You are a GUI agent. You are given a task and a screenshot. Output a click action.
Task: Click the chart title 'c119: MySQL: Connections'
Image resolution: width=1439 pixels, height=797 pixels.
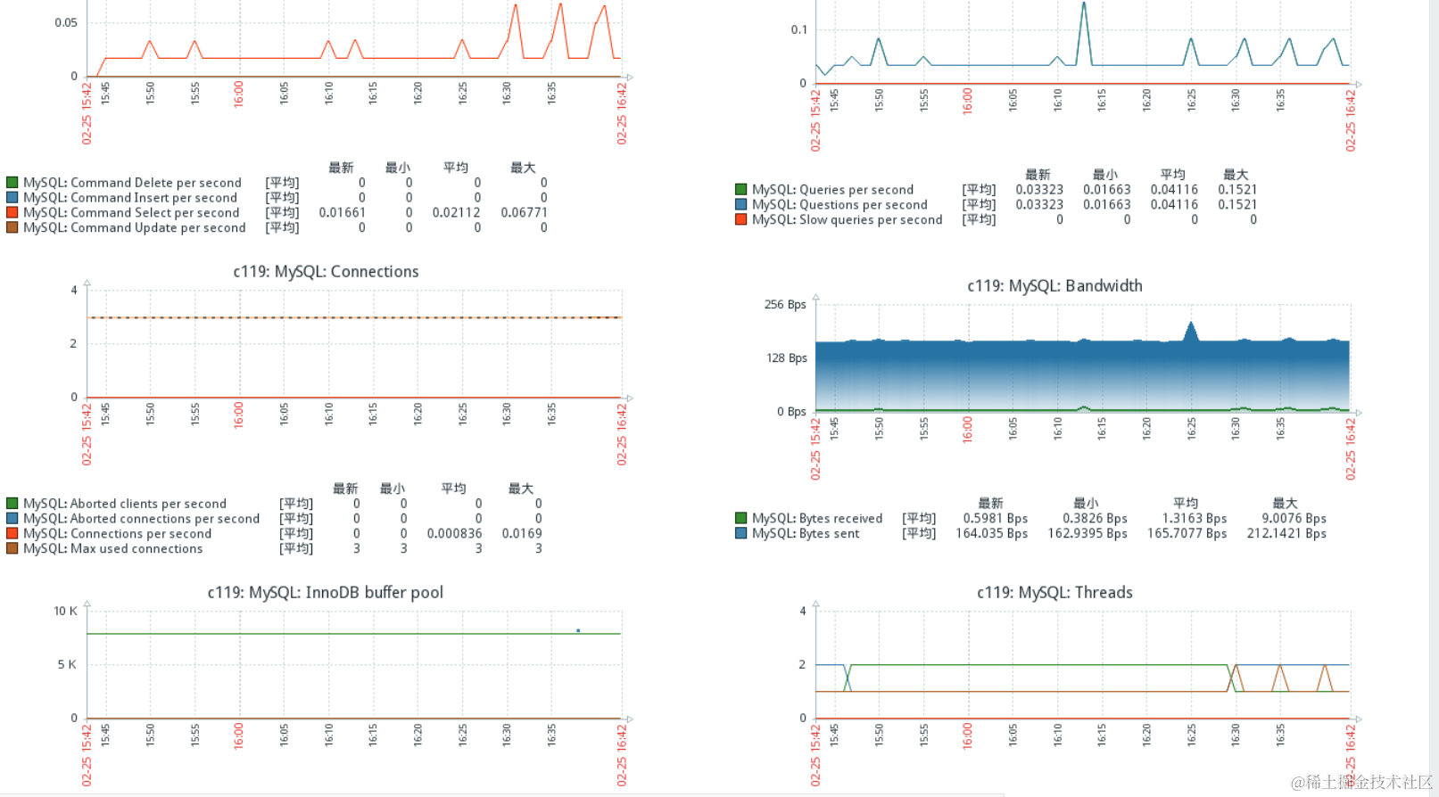326,272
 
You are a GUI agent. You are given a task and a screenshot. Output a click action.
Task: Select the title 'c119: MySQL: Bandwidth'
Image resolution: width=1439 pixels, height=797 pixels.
1054,286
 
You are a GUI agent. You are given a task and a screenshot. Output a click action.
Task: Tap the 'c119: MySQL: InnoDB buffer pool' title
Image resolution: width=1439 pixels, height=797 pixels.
325,593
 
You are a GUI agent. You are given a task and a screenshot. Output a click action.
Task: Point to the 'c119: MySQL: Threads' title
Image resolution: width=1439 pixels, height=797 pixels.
1054,593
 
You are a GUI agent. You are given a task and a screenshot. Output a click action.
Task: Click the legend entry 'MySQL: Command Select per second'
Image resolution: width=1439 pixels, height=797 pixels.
131,213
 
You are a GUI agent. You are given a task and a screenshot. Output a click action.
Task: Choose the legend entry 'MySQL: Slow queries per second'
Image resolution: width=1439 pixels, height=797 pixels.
847,220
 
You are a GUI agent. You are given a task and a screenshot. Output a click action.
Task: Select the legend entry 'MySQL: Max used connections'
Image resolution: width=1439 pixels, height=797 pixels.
112,549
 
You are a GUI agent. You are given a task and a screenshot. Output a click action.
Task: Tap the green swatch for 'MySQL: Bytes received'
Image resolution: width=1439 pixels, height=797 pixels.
740,519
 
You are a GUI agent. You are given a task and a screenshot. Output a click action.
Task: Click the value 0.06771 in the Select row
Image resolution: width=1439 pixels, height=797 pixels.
524,213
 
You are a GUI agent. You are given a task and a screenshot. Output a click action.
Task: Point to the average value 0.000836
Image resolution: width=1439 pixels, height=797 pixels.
454,534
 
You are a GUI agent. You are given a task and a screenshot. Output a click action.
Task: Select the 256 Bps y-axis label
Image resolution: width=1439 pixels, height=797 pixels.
785,305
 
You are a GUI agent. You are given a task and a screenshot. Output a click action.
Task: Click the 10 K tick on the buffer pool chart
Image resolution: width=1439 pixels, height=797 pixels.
65,612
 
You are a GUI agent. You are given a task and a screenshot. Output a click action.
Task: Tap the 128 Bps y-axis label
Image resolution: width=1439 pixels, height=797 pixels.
786,358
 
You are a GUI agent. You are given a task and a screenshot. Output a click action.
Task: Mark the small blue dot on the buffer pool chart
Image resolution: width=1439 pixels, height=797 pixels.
578,630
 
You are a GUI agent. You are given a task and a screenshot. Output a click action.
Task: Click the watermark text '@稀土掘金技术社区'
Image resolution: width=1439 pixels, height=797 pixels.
1361,782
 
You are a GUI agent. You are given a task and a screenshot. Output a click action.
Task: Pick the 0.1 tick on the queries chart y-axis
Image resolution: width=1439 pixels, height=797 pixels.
798,30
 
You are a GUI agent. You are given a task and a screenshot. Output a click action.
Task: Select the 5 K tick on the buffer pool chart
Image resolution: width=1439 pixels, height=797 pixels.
67,665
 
